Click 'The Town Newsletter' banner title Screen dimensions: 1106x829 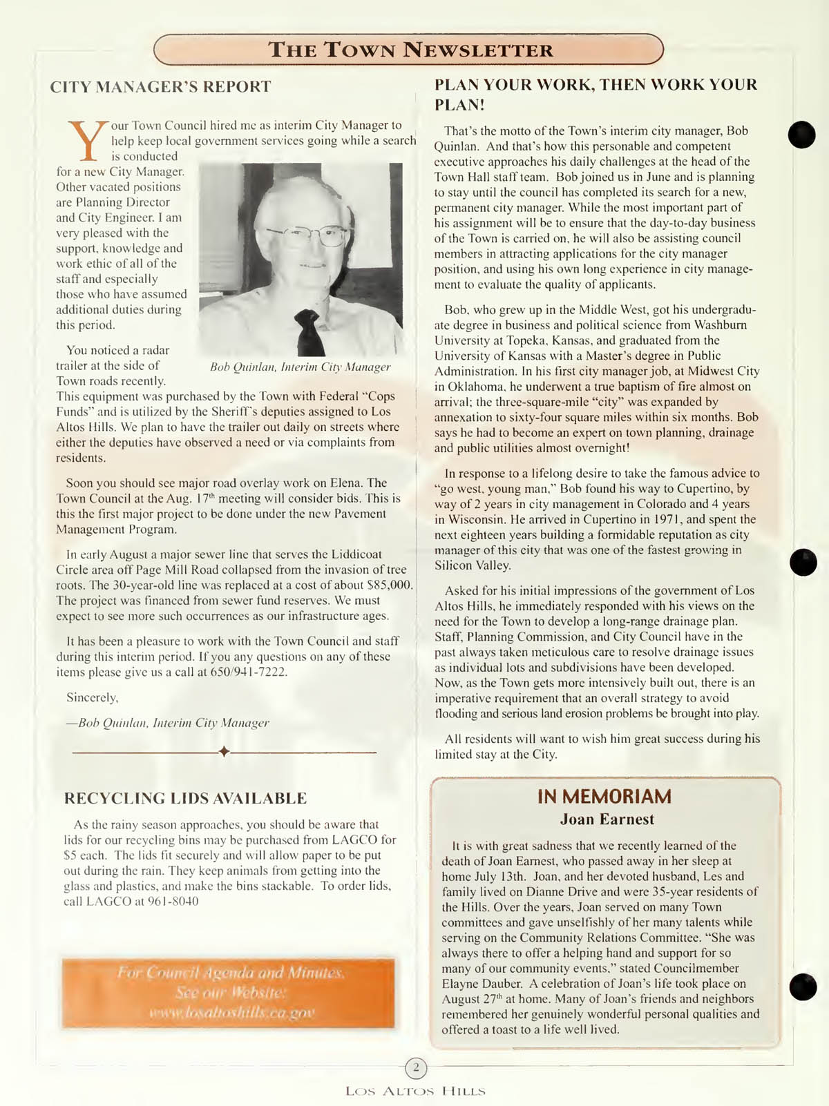click(410, 50)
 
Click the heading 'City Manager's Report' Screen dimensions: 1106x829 click(160, 87)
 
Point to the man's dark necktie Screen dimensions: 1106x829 click(309, 331)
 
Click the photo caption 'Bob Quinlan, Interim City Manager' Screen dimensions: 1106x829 click(300, 367)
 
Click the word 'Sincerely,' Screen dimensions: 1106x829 click(93, 697)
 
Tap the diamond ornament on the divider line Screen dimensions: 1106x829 click(224, 751)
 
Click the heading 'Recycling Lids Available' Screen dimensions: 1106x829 click(185, 799)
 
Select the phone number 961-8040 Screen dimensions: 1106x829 click(173, 902)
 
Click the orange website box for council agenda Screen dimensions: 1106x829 click(228, 993)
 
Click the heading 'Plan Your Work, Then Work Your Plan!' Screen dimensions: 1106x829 click(595, 95)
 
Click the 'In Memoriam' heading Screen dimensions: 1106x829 click(604, 797)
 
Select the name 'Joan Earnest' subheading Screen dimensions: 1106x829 click(607, 819)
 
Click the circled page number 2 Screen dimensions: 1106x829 click(416, 1068)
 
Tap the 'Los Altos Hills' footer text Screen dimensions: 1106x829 click(415, 1092)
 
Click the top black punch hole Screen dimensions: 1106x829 click(802, 135)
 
